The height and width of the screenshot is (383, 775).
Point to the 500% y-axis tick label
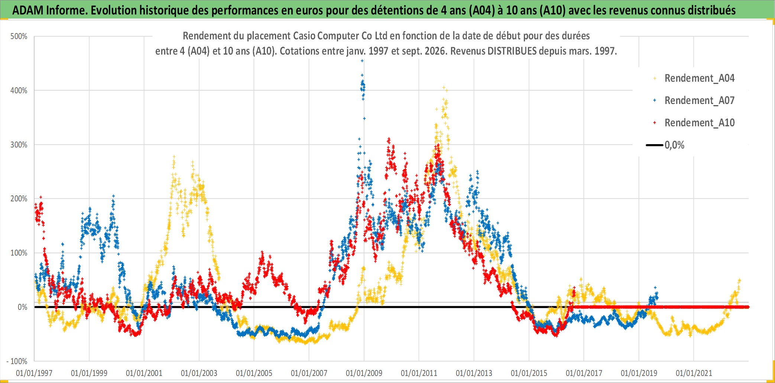(19, 36)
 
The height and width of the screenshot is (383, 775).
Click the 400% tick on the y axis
(19, 91)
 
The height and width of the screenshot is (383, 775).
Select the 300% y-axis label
(19, 145)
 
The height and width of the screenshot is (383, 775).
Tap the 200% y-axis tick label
(19, 199)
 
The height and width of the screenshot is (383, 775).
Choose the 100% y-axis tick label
(19, 253)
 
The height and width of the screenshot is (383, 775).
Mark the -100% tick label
(17, 361)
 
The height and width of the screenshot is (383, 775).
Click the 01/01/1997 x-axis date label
(34, 373)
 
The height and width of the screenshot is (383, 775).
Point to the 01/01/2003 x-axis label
(199, 373)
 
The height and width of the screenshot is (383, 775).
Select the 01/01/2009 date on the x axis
(364, 373)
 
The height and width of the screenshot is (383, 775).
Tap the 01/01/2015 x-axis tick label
(529, 373)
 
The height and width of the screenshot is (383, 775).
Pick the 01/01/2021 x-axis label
(694, 373)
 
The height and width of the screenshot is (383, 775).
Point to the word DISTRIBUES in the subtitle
(512, 51)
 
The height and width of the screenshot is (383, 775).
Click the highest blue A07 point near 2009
(362, 61)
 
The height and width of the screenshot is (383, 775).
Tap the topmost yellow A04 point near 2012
(443, 88)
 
